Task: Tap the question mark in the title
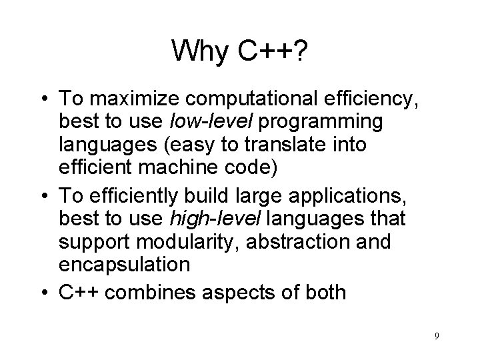coord(301,51)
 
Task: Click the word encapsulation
coord(125,265)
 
